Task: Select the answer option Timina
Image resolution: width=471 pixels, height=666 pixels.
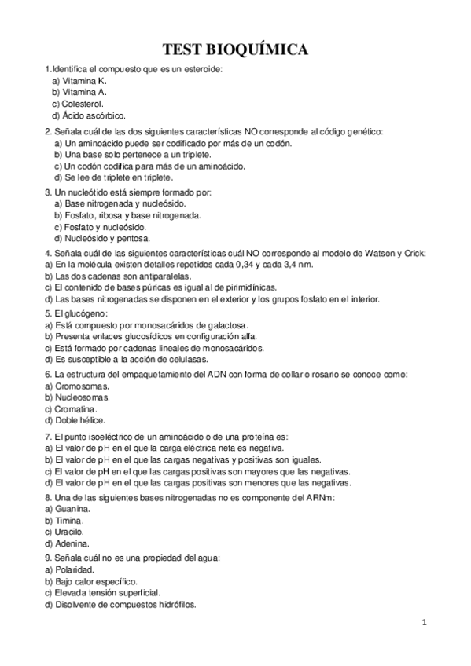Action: click(67, 521)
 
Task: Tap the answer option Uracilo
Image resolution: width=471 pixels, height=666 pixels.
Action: click(68, 532)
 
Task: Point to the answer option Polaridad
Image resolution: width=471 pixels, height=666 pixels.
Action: click(73, 569)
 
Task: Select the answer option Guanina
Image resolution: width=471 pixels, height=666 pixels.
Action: click(71, 509)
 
